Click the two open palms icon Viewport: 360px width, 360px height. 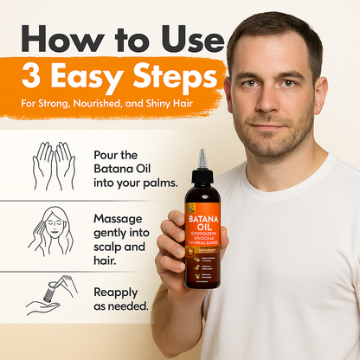click(x=54, y=165)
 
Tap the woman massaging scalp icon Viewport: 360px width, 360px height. click(x=54, y=233)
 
